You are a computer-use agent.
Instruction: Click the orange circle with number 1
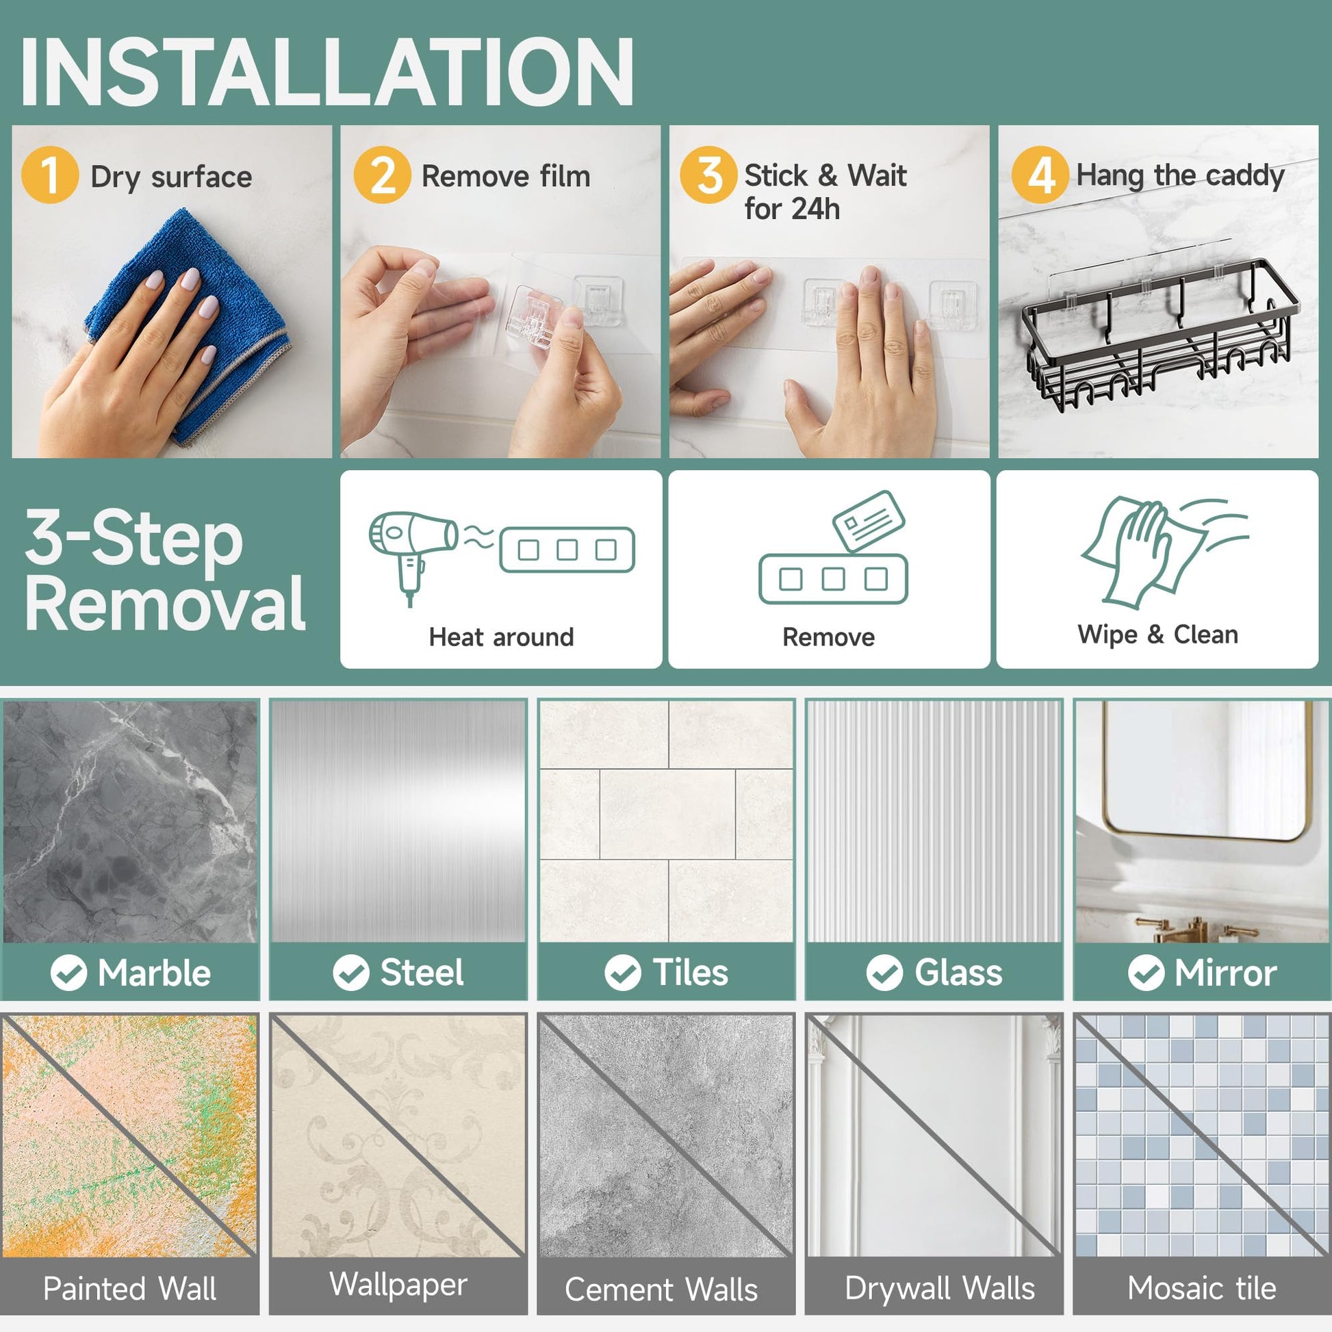click(50, 175)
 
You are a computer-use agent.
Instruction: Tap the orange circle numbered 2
click(382, 175)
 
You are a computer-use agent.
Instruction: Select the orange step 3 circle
click(708, 175)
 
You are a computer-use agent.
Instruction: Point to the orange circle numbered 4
click(1040, 175)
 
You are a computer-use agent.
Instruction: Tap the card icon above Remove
click(869, 521)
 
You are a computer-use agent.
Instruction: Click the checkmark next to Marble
click(68, 973)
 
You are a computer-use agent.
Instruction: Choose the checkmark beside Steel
click(351, 973)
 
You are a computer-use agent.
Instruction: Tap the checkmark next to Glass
click(884, 973)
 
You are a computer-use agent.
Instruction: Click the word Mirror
click(1226, 973)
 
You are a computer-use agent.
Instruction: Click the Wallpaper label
click(398, 1284)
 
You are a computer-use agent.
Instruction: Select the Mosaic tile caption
click(1202, 1288)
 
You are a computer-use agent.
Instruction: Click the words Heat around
click(501, 637)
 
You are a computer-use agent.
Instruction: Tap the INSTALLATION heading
click(326, 72)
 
